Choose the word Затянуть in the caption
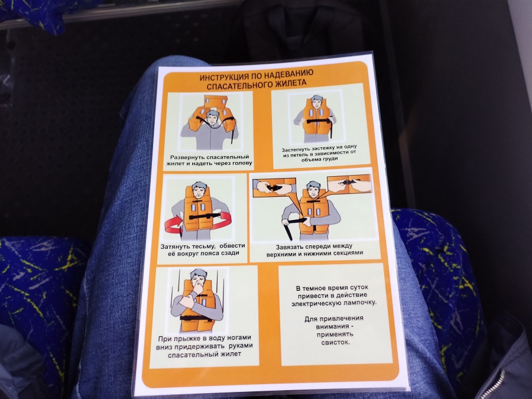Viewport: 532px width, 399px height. coord(174,246)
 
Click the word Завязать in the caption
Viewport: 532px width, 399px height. coord(290,246)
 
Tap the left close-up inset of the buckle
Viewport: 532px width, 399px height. coord(274,187)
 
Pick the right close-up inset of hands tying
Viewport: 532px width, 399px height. coord(349,184)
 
